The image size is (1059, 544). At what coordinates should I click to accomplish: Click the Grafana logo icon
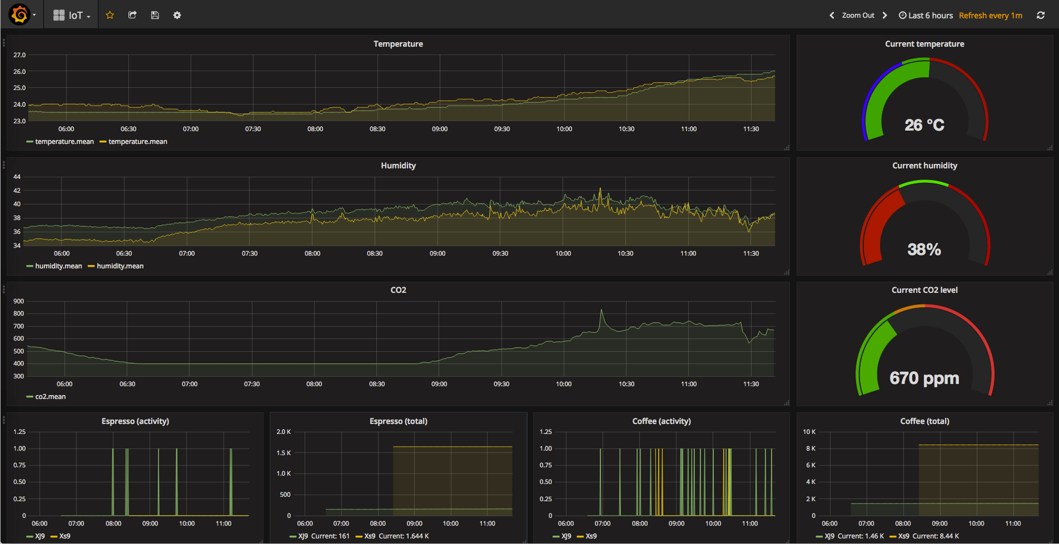[x=19, y=14]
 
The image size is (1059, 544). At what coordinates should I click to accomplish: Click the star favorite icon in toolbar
[x=110, y=15]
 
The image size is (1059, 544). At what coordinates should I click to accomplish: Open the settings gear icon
[x=177, y=15]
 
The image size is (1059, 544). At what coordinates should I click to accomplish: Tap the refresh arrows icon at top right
[x=1041, y=15]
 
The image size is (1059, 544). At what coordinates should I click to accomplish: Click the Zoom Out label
[x=858, y=16]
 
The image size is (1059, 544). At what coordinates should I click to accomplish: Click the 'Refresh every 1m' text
[x=990, y=16]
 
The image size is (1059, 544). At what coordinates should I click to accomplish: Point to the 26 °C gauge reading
[x=924, y=125]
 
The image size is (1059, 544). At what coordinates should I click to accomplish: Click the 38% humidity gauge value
[x=924, y=249]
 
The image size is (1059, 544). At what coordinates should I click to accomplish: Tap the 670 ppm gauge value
[x=924, y=378]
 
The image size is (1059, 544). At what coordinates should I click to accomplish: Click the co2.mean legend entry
[x=50, y=397]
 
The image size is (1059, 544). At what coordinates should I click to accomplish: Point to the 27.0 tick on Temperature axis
[x=19, y=55]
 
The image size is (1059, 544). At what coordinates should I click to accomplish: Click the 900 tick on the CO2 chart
[x=19, y=301]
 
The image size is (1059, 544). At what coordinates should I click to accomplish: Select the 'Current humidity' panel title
[x=924, y=166]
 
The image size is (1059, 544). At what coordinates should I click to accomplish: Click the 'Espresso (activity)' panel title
[x=135, y=421]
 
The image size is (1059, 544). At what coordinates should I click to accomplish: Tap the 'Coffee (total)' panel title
[x=924, y=421]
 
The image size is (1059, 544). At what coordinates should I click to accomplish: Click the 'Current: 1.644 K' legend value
[x=404, y=536]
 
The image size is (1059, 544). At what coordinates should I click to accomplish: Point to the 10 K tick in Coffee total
[x=809, y=432]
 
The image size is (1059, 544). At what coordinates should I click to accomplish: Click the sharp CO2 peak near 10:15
[x=601, y=311]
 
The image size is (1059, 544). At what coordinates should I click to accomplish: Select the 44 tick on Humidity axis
[x=17, y=177]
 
